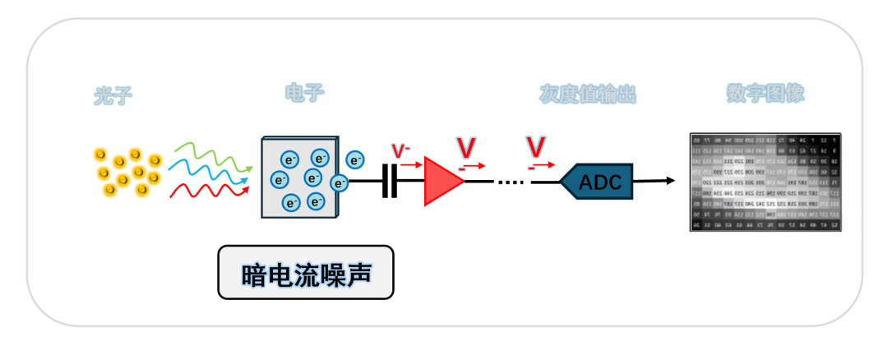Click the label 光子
coord(113,97)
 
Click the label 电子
coord(304,92)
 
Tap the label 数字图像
coord(765,93)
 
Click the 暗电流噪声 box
coord(306,273)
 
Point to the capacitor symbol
coord(390,182)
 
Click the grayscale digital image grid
coord(765,181)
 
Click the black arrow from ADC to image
coord(654,181)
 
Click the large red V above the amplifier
coord(466,148)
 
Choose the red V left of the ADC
coord(536,148)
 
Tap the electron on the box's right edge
coord(338,182)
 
